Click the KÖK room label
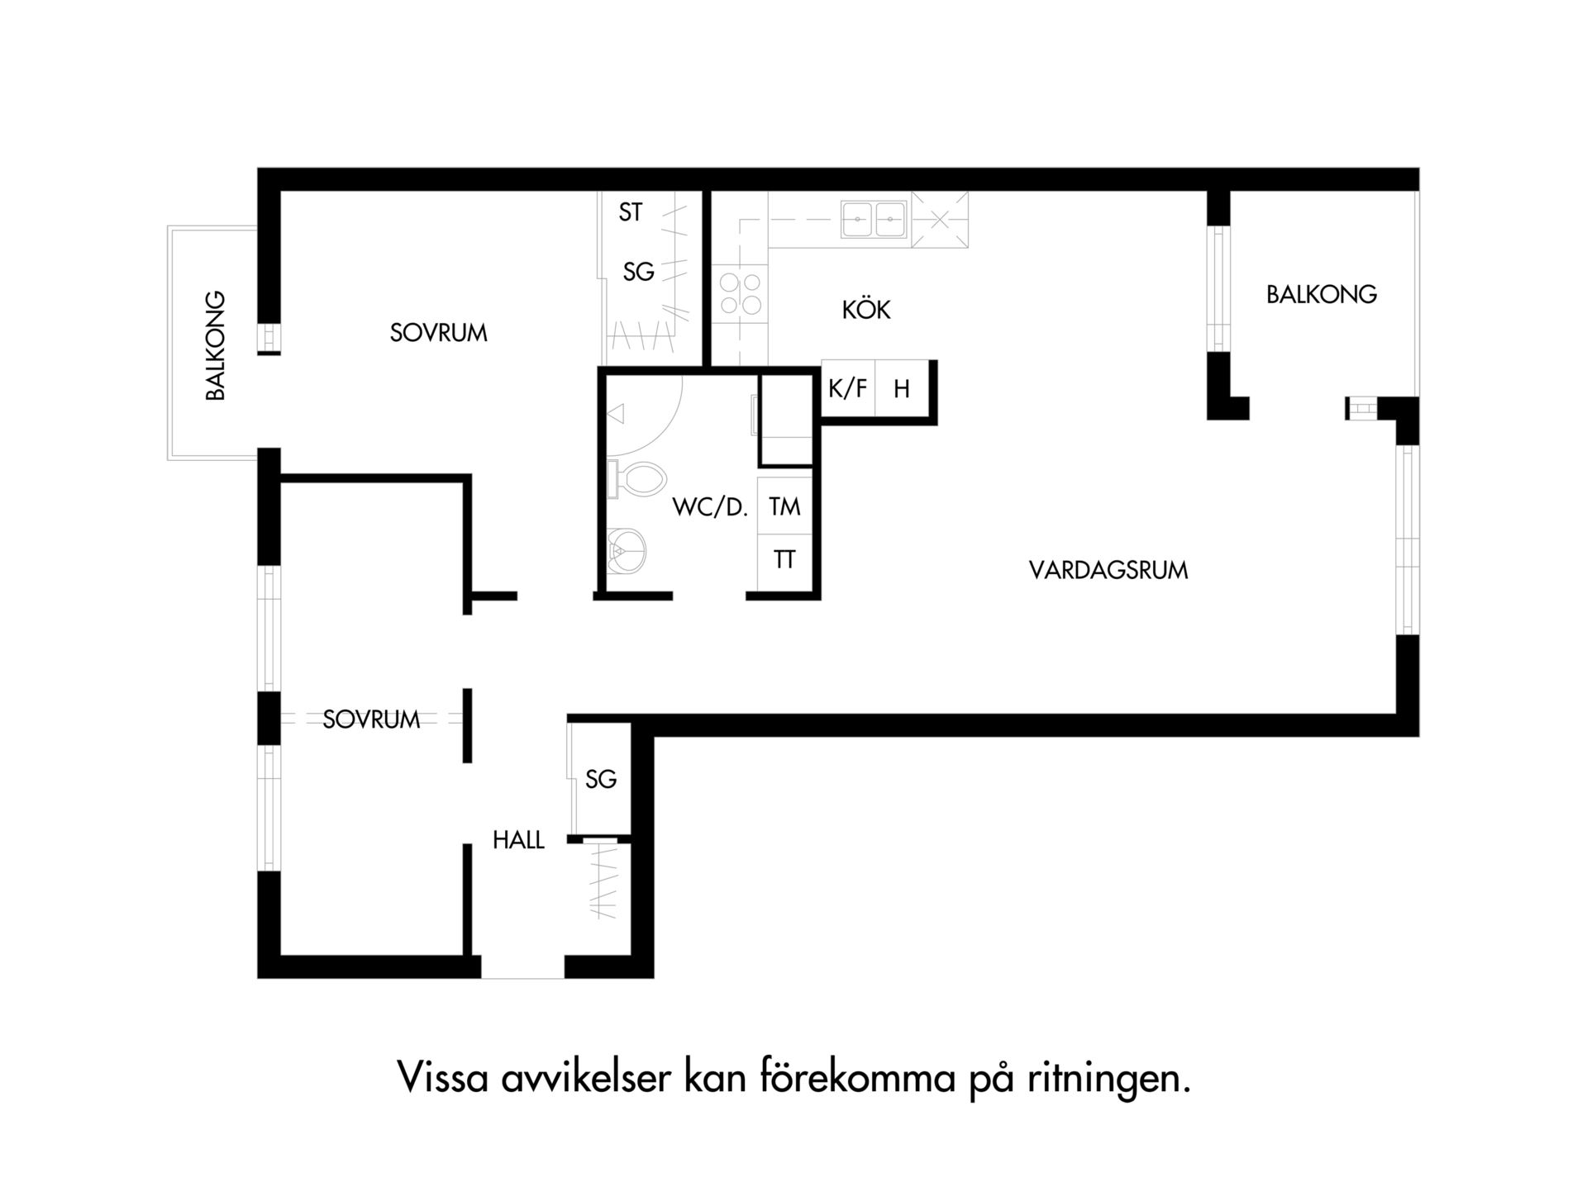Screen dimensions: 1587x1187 pos(866,310)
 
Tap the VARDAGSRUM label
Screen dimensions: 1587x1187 pos(1108,570)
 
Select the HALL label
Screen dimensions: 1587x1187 pos(518,840)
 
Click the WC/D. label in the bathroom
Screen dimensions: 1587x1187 pos(710,507)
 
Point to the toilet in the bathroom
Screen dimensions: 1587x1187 pos(636,480)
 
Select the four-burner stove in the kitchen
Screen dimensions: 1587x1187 pos(741,294)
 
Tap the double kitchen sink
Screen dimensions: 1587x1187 pos(874,220)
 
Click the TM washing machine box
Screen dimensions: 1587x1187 pos(784,506)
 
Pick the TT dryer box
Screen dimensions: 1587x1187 pos(784,561)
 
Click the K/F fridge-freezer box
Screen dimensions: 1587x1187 pos(848,387)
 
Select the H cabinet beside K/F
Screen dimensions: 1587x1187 pos(902,387)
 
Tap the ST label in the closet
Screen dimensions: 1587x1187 pos(631,212)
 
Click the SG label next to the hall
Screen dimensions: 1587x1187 pos(601,779)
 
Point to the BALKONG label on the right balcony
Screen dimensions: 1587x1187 pos(1322,294)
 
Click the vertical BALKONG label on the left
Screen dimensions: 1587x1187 pos(215,345)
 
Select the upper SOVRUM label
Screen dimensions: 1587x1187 pos(439,333)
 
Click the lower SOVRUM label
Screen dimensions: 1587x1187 pos(371,719)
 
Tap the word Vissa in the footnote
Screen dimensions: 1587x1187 pos(443,1076)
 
